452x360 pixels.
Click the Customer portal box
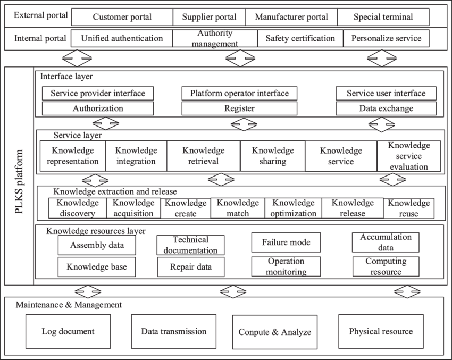coord(122,17)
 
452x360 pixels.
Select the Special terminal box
coord(383,17)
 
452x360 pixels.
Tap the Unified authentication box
coord(122,38)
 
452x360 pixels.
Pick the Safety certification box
coord(300,38)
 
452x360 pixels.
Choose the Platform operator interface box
coord(239,93)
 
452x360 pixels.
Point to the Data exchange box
coord(386,108)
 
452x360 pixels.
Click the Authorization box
coord(98,108)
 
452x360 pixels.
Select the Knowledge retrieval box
coord(203,156)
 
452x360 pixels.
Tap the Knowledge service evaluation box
coord(408,156)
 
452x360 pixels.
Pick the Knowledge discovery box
coord(77,208)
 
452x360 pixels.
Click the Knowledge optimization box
coord(292,208)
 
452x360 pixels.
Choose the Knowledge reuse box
coord(408,208)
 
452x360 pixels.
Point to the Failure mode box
coord(286,242)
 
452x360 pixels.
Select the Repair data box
coord(190,267)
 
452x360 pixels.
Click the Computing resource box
coord(386,266)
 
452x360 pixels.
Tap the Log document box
coord(68,331)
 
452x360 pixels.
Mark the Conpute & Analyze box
coord(274,332)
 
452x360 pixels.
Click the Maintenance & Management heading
coord(69,305)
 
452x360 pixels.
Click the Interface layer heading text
coord(66,77)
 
